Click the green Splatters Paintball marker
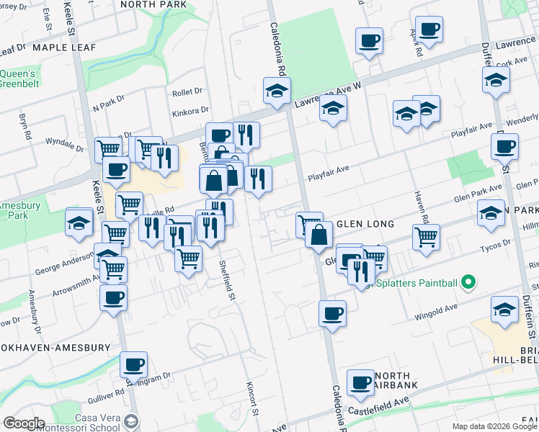[469, 282]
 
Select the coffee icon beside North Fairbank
[360, 382]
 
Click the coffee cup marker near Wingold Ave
[332, 313]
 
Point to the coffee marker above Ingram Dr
[133, 366]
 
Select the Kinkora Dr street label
[190, 112]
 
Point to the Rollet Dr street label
[189, 93]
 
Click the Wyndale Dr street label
[65, 141]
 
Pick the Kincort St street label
[252, 397]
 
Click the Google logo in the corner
[24, 423]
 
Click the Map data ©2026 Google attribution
[494, 426]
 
